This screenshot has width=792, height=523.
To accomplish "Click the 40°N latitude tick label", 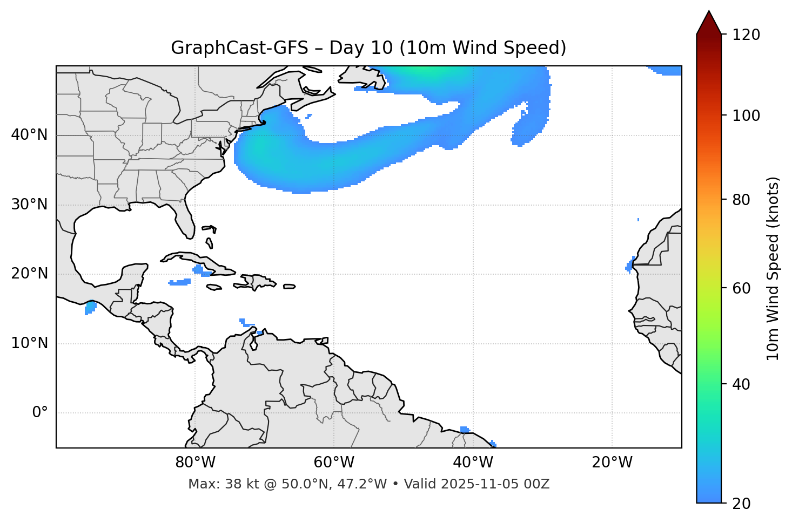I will click(x=29, y=135).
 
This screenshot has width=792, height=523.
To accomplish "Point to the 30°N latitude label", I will click(x=29, y=205).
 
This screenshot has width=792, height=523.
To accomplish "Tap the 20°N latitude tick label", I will click(x=29, y=274).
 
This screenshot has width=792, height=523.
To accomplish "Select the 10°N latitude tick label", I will click(x=29, y=343).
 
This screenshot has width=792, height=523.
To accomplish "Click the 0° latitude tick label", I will click(x=40, y=413).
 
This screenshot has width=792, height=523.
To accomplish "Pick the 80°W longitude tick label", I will click(x=195, y=463).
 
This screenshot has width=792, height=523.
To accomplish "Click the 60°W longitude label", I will click(x=334, y=463).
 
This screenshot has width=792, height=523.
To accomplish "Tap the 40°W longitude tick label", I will click(x=473, y=463).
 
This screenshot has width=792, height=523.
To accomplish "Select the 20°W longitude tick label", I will click(x=612, y=463).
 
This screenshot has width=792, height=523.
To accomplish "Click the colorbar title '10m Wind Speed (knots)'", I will click(x=773, y=268).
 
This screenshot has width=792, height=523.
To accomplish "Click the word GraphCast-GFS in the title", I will click(x=239, y=48).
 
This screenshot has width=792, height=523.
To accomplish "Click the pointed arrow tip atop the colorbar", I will click(x=709, y=13).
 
